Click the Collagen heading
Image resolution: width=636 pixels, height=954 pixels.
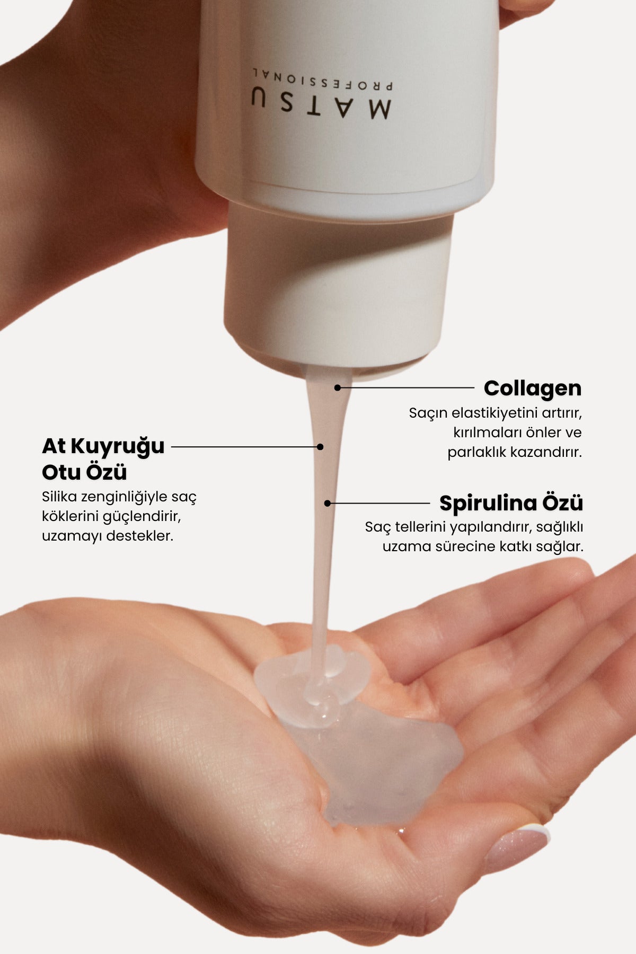[x=532, y=388]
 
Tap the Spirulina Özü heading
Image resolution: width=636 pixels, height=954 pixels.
[x=511, y=503]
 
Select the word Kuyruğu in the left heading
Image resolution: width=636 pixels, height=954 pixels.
[x=118, y=447]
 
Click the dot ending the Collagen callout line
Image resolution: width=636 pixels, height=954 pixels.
[x=338, y=388]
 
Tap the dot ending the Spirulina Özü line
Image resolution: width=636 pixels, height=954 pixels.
[x=328, y=503]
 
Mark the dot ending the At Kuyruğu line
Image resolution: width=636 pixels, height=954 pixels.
[x=320, y=447]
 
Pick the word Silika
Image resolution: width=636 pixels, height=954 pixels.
[x=59, y=497]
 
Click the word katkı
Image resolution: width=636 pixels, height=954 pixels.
[x=514, y=546]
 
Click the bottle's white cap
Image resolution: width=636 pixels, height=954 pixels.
[x=339, y=286]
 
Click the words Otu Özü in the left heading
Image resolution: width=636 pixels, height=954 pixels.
[x=84, y=472]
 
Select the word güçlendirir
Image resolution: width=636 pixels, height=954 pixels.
[x=142, y=516]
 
